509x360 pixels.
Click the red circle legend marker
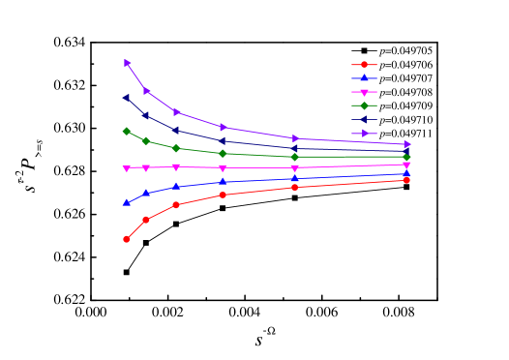[x=364, y=65]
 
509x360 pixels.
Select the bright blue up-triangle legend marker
[x=364, y=77]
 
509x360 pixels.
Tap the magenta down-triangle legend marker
[x=364, y=92]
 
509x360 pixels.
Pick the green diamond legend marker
[x=364, y=105]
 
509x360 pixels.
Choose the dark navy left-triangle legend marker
[x=364, y=119]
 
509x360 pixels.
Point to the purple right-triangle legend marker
[x=364, y=134]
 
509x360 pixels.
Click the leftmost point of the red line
[x=127, y=239]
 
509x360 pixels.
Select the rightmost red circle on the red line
[x=406, y=180]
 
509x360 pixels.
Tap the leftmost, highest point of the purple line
[x=127, y=63]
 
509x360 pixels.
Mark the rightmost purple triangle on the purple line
[x=406, y=144]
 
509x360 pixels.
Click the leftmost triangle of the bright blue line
[x=127, y=203]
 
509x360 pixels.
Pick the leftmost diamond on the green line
[x=127, y=131]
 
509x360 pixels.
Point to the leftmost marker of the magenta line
[x=127, y=168]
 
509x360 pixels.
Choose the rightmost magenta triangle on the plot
[x=406, y=165]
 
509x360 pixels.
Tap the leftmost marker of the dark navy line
[x=127, y=98]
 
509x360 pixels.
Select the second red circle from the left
[x=146, y=220]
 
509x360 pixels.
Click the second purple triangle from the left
[x=146, y=91]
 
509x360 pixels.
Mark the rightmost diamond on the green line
[x=406, y=157]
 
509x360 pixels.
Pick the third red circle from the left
[x=176, y=205]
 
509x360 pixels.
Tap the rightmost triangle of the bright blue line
[x=406, y=173]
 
